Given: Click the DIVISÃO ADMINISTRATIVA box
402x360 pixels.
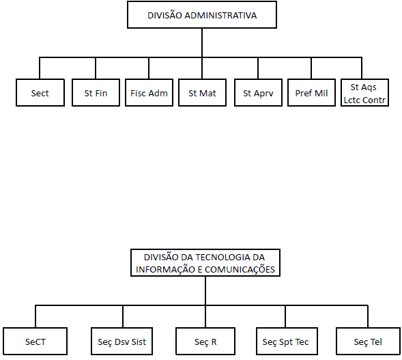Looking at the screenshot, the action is coord(202,15).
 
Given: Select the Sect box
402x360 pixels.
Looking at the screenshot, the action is coord(40,93).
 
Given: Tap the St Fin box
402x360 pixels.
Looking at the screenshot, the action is coord(96,93).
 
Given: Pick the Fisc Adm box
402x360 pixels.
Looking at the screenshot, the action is coord(149,93).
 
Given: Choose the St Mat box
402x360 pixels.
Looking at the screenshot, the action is coord(202,93).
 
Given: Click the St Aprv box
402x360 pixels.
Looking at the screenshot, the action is coord(258,93).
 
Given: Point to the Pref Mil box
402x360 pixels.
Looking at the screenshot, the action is coord(311,93).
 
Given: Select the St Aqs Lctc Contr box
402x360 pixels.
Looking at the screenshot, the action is coord(364,93).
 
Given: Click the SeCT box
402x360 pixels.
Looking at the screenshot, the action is coord(35,342).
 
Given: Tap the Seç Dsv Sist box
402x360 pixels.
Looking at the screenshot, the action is coord(121,342).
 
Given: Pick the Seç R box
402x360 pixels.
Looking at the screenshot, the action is coord(205,342).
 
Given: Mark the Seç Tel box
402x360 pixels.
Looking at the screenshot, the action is coord(368,342).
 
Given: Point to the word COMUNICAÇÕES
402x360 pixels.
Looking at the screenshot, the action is coord(240,270).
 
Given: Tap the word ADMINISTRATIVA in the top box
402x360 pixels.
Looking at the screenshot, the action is coord(220,16).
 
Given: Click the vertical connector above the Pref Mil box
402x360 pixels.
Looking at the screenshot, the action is coord(311,68).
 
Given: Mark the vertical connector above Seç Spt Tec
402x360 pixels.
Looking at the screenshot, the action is coord(285,316).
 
